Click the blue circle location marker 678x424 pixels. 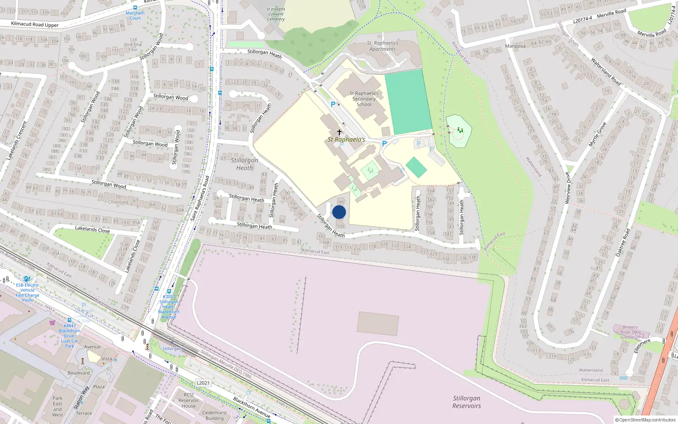(339, 212)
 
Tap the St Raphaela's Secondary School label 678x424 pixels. (364, 99)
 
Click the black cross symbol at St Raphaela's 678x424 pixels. (339, 132)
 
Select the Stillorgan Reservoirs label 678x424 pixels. (467, 402)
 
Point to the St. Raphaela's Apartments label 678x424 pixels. (383, 46)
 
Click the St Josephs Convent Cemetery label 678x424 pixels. (276, 14)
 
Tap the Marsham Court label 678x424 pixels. (135, 15)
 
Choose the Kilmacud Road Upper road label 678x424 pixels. (35, 25)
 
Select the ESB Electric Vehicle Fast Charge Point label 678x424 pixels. (28, 293)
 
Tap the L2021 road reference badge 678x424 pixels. (203, 383)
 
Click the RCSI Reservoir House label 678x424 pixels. (189, 400)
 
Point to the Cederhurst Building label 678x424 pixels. (214, 415)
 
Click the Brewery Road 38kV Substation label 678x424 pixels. (630, 332)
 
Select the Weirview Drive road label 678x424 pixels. (568, 188)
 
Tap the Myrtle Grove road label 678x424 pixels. (597, 134)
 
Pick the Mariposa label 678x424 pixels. (515, 46)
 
